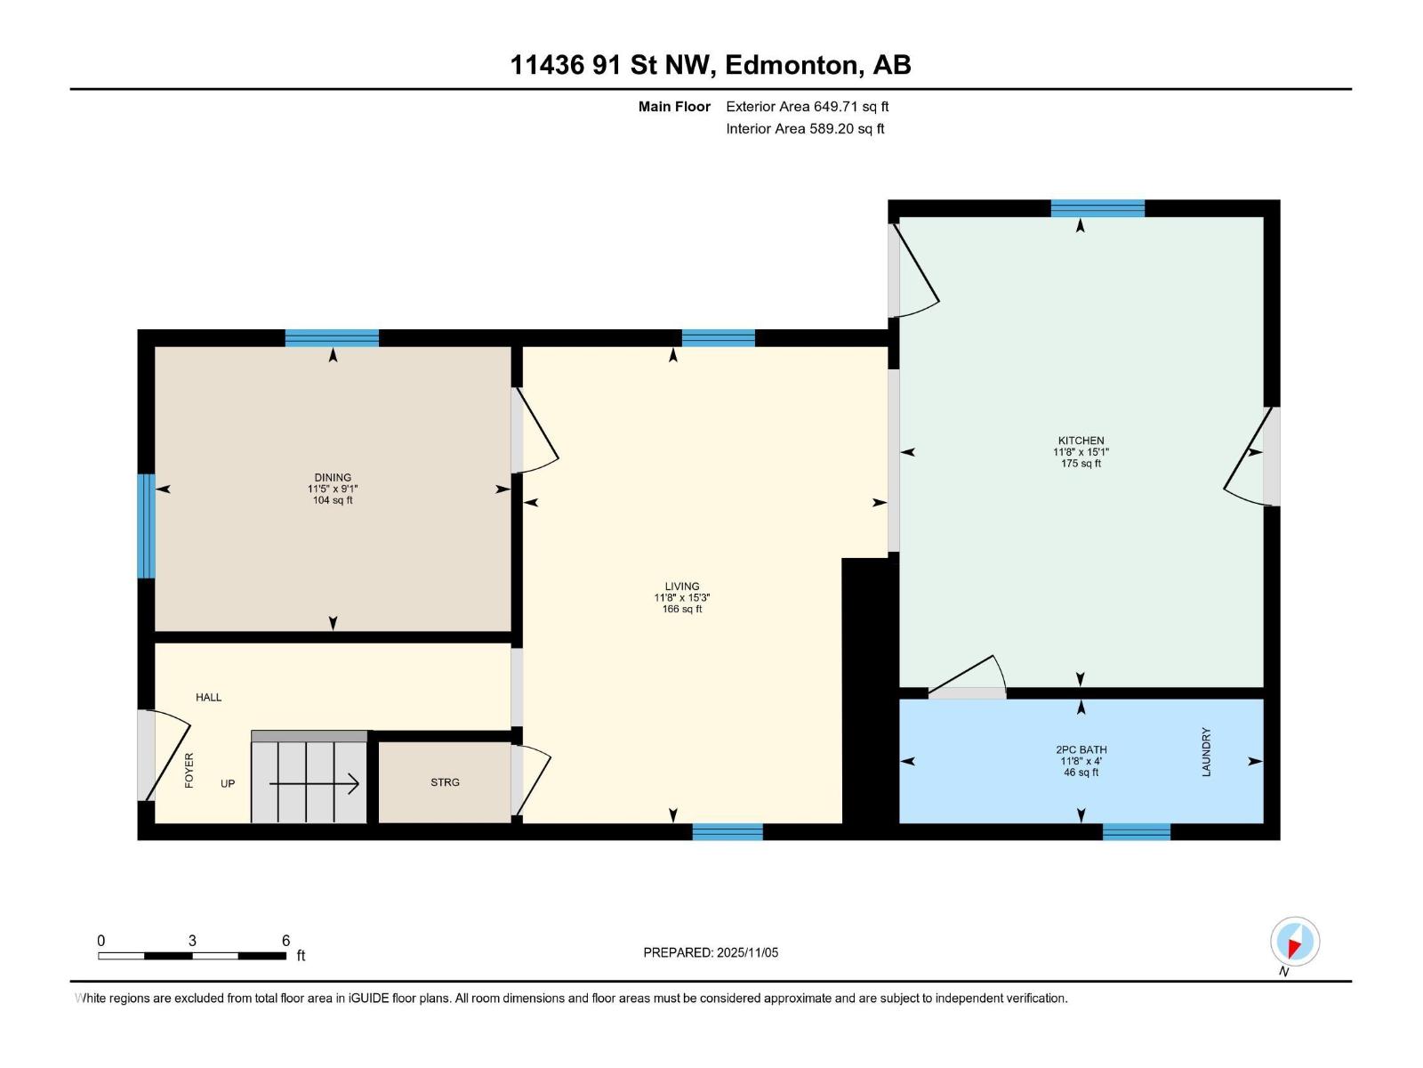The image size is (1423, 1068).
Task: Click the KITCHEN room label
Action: point(1081,441)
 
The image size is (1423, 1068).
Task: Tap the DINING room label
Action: point(333,478)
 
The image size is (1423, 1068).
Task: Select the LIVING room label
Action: point(682,587)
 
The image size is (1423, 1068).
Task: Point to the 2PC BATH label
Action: point(1081,749)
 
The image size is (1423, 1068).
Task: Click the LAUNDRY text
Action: point(1207,752)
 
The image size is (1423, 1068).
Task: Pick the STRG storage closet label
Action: point(445,782)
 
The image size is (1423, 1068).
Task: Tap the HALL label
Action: point(209,697)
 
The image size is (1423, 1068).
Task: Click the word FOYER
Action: point(189,770)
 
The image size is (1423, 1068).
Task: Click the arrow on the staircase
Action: point(313,783)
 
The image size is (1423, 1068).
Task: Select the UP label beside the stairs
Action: point(228,783)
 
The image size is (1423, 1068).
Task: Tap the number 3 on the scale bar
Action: point(192,941)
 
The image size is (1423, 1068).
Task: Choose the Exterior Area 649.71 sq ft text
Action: point(807,107)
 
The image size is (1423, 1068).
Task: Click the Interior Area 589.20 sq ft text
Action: point(805,129)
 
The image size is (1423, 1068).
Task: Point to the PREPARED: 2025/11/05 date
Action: point(711,952)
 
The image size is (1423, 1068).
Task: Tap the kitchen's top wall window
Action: point(1097,209)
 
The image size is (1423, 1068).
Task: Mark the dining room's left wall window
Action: point(146,526)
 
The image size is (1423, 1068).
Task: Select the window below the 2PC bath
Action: point(1136,831)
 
